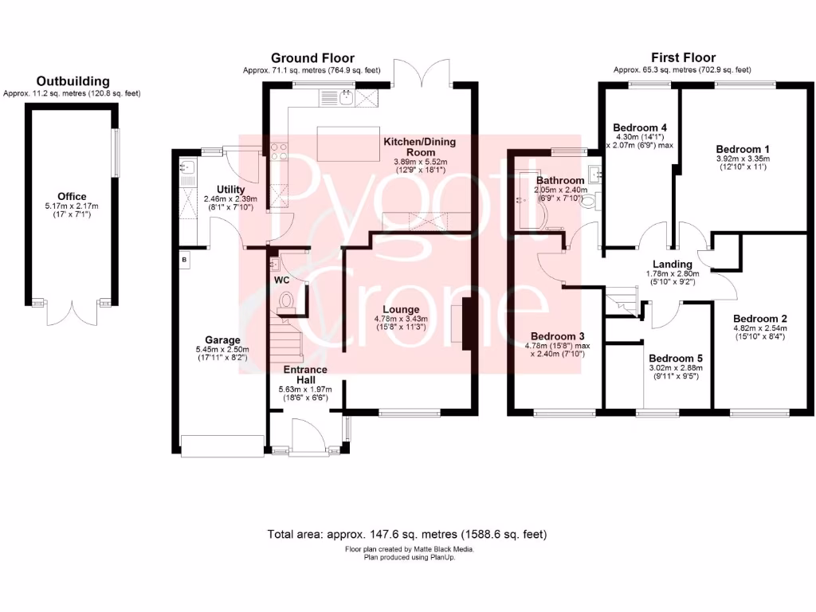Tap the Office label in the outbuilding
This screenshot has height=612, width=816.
(72, 197)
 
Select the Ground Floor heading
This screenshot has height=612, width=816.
(312, 58)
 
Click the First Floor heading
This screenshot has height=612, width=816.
(683, 58)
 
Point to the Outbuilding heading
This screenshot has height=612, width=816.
(73, 81)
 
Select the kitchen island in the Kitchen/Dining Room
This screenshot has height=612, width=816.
(347, 143)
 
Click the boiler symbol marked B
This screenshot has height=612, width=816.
(184, 260)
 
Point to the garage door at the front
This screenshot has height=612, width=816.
(222, 446)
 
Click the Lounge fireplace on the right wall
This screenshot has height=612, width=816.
(465, 324)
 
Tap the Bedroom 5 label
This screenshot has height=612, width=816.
(676, 359)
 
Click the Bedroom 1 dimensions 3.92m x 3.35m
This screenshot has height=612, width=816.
(743, 159)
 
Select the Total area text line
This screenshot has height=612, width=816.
(407, 534)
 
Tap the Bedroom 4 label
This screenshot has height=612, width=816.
(640, 127)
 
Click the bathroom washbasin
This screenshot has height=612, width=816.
(594, 175)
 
